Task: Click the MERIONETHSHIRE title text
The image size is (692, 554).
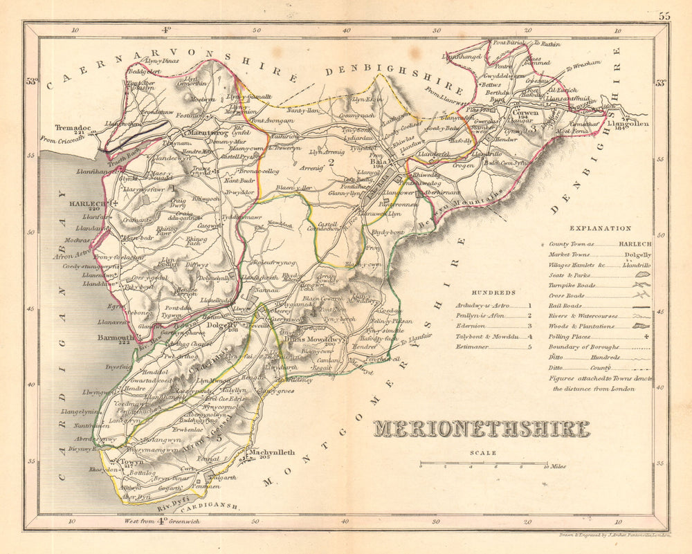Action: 482,429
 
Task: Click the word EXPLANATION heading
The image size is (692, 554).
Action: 600,228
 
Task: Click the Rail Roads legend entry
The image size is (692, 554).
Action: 566,315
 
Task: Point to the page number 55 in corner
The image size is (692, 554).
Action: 664,15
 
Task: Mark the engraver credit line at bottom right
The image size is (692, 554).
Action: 614,535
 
